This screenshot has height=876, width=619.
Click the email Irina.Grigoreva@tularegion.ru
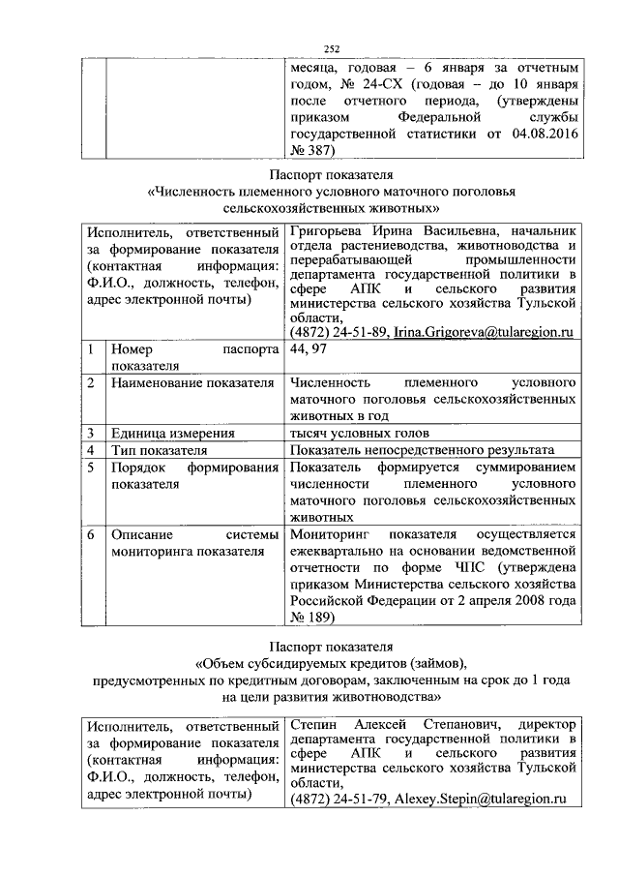480,332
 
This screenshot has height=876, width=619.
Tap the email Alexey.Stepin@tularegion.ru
480,799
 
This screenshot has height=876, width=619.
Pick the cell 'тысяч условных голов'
359,433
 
